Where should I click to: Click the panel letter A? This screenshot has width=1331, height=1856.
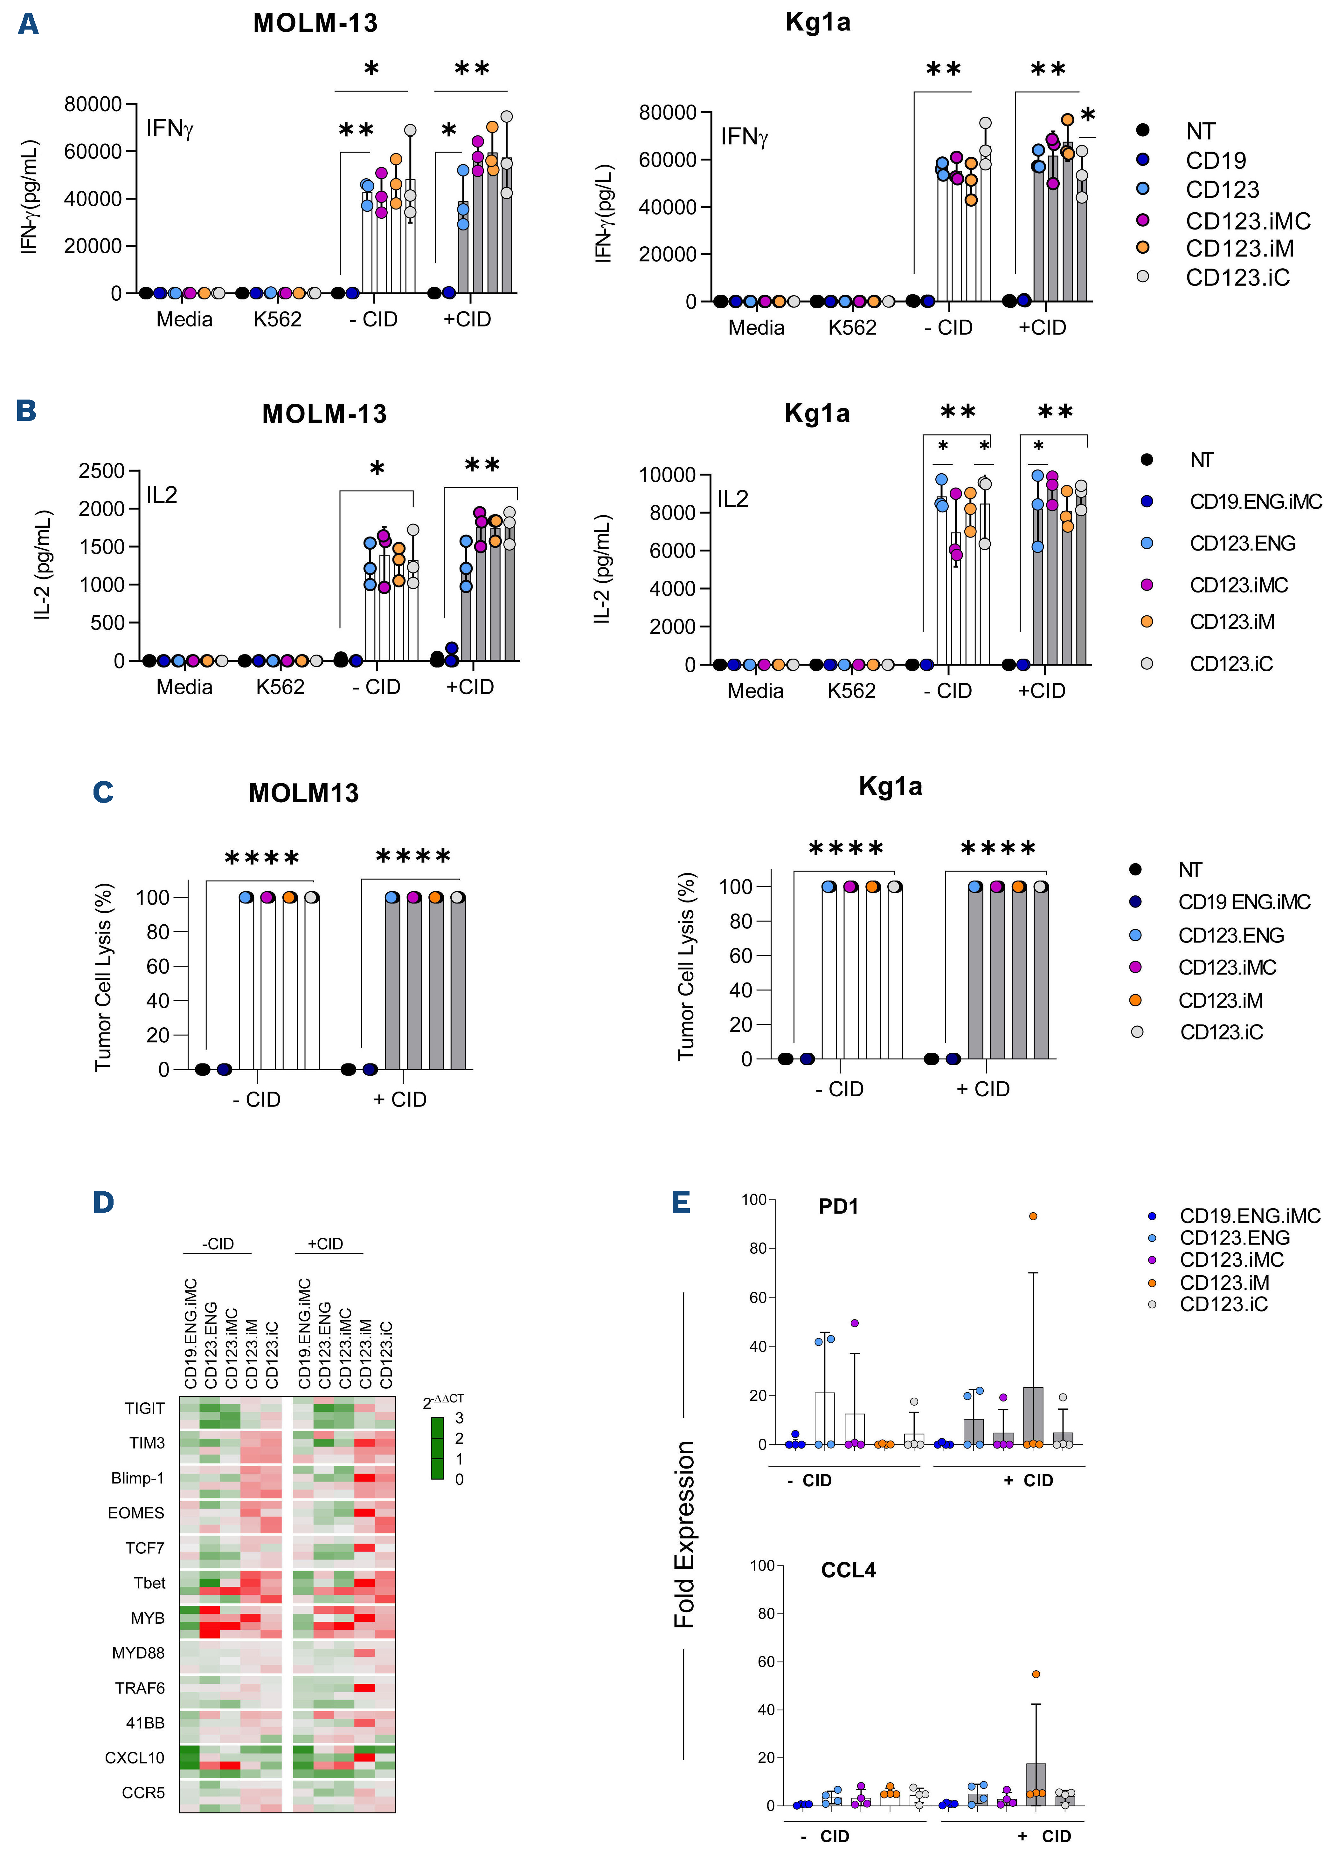pos(28,24)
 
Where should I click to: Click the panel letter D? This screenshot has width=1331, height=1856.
pos(103,1202)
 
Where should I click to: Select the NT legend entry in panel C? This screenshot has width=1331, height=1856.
pos(1189,870)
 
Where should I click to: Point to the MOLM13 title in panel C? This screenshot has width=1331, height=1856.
pos(304,793)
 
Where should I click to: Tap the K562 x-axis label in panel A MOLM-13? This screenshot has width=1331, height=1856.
pos(278,319)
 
